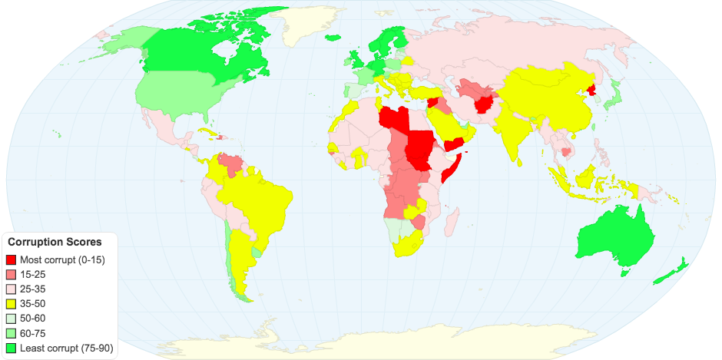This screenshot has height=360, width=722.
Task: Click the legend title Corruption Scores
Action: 55,242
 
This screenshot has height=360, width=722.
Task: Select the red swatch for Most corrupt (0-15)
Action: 12,259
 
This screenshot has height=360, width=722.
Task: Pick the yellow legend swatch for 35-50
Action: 12,304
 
